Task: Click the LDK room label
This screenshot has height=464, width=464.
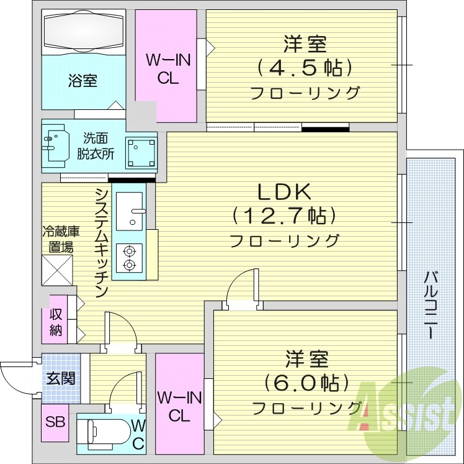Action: coord(285,192)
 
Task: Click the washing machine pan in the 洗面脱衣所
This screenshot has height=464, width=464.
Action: coord(141,152)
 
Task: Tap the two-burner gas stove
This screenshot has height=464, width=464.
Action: coord(129,258)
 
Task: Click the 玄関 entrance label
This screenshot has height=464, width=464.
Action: coord(61,377)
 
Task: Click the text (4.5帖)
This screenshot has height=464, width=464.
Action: coord(305,66)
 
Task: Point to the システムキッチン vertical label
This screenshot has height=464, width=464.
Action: coord(102,242)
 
